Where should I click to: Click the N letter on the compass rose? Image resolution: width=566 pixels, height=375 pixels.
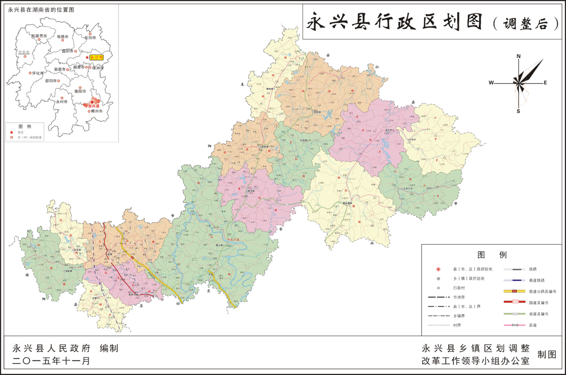coord(519,56)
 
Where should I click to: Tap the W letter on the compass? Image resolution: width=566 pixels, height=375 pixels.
coord(491,83)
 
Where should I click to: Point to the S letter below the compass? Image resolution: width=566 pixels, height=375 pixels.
coord(518,111)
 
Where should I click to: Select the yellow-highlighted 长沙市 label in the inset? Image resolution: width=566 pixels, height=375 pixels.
coord(96,58)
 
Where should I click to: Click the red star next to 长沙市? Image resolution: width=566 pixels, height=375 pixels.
coord(87,58)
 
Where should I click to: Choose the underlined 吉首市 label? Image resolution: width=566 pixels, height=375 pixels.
coord(24,53)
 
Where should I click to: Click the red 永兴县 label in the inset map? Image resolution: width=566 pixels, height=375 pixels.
coord(93,106)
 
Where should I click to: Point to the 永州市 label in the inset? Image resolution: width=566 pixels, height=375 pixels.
coord(61,101)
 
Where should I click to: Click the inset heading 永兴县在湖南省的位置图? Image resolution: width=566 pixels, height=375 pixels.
coord(41,9)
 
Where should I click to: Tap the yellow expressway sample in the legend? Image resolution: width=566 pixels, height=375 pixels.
coord(514,291)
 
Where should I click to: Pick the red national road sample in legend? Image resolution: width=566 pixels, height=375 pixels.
coord(514,302)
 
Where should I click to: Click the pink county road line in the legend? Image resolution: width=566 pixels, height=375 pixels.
coord(514,325)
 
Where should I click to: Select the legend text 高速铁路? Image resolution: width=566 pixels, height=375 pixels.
coord(536,280)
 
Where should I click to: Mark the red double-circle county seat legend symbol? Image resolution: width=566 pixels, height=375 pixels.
coord(438,269)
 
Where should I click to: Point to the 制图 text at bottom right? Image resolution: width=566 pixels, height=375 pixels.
coord(547,355)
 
